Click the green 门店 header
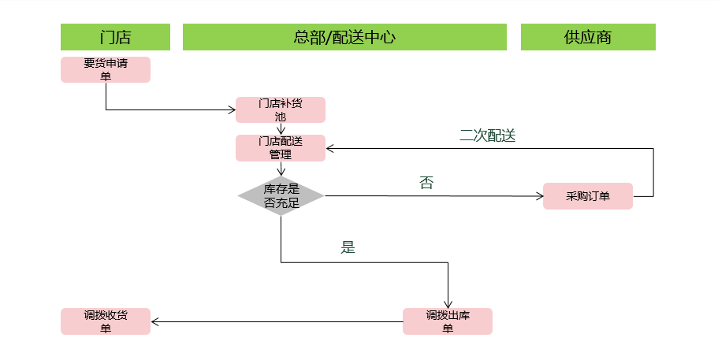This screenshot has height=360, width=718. coord(115,37)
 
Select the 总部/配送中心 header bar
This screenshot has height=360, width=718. coord(344,37)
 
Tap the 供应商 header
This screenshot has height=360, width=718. coord(588,37)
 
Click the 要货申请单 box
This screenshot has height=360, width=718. coord(106,69)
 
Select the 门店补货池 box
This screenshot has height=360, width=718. coord(281,109)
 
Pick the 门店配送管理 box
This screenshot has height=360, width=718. coord(281,148)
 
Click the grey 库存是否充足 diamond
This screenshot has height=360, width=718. coord(281,196)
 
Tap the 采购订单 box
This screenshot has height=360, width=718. coord(588,196)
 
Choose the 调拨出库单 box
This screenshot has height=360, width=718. coord(448,321)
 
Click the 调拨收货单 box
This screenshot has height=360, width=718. coord(106,321)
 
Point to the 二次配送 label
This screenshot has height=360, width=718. coord(487,135)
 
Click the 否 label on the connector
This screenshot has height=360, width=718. coord(426,183)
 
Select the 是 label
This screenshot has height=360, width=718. coord(348,247)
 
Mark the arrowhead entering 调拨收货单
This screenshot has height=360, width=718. coord(156,321)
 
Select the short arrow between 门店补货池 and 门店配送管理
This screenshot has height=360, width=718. coord(281,129)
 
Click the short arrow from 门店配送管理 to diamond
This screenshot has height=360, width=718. coord(281,170)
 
